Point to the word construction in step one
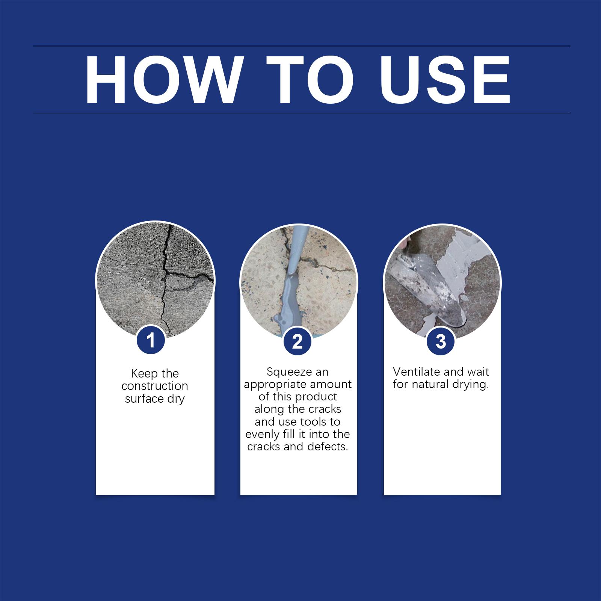[155, 386]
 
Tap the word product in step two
[316, 397]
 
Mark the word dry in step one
[176, 399]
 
